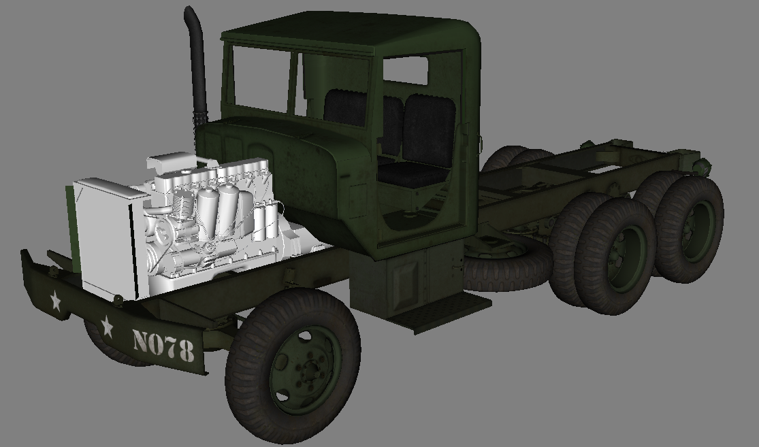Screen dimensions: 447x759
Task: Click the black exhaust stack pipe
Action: [x=198, y=68]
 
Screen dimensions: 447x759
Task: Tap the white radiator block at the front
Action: [x=109, y=238]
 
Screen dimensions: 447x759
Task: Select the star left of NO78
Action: [x=107, y=327]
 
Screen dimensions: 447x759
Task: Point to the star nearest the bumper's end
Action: [x=54, y=300]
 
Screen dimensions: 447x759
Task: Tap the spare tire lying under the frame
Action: [x=507, y=265]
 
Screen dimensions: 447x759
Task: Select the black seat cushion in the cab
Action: [x=412, y=175]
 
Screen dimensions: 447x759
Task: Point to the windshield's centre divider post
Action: [x=294, y=82]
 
